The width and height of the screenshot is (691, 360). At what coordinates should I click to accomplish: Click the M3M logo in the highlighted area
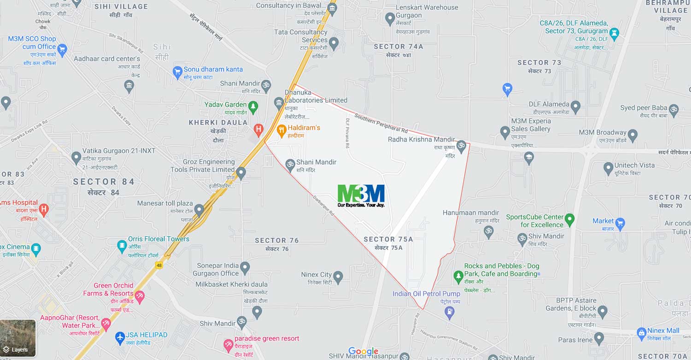(x=361, y=195)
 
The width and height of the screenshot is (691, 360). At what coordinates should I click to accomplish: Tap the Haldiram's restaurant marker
(x=281, y=131)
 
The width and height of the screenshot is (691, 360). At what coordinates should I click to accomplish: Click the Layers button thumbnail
(x=18, y=338)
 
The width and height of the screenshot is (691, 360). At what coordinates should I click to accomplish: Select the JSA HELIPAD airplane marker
(x=120, y=337)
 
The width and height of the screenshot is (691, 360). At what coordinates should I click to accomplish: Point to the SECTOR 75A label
(x=388, y=239)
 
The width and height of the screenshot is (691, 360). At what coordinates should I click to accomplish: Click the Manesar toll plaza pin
(x=199, y=210)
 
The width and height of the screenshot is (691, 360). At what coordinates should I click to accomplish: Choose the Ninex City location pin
(x=338, y=277)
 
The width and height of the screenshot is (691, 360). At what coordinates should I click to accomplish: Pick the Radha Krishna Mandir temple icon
(x=461, y=147)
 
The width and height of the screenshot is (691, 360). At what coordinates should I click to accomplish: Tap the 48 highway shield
(x=158, y=265)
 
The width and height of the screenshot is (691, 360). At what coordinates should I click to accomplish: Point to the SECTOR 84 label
(x=104, y=182)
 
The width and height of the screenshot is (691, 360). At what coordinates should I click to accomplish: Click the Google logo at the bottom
(x=363, y=352)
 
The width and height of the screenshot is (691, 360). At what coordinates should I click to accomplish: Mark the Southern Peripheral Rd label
(x=381, y=124)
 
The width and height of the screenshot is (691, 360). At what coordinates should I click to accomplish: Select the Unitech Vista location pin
(x=608, y=168)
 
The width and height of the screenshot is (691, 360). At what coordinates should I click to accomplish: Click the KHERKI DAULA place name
(x=218, y=123)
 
